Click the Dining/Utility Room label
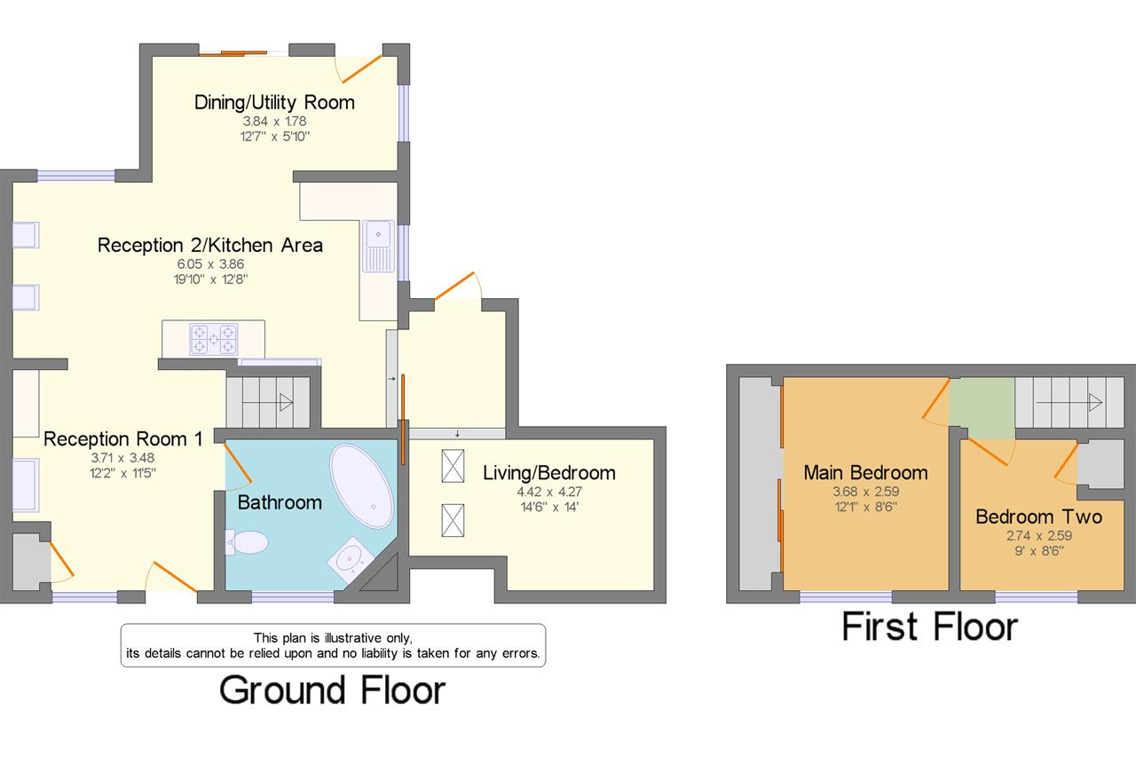tap(274, 102)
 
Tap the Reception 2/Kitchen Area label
tap(210, 246)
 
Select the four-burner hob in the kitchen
tap(214, 339)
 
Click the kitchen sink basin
tap(378, 234)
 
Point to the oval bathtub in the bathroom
tap(361, 485)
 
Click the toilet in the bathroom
tap(247, 542)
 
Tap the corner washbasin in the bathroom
tap(351, 560)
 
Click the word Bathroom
tap(280, 502)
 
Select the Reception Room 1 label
tap(122, 439)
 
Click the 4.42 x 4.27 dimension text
tap(549, 492)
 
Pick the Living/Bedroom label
tap(549, 473)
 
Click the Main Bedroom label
tap(865, 472)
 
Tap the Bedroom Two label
tap(1039, 516)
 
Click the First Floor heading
tap(930, 627)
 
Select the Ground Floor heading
tap(332, 690)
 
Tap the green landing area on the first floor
tap(982, 407)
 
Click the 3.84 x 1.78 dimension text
tap(274, 122)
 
